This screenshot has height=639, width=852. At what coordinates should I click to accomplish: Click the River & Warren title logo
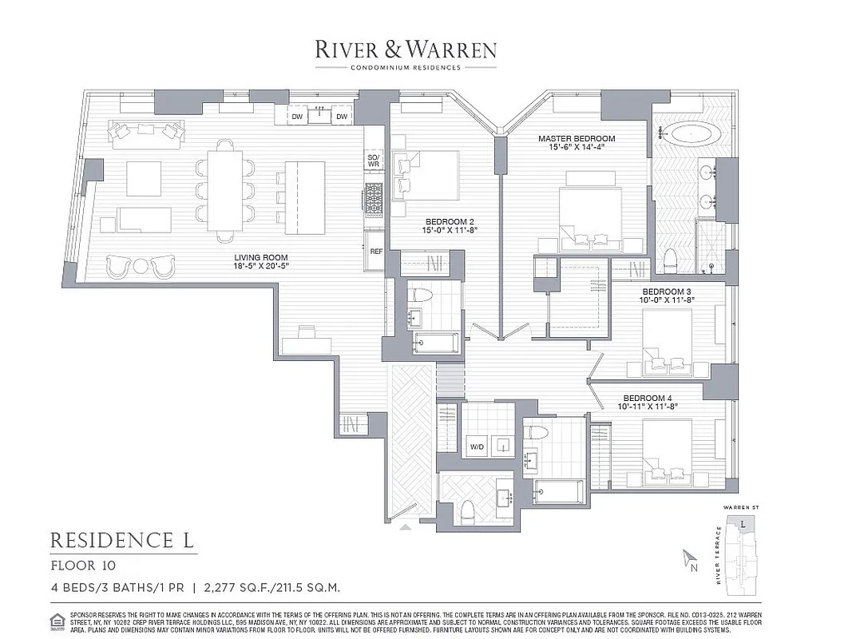click(x=405, y=50)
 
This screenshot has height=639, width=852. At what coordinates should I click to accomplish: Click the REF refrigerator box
click(x=375, y=251)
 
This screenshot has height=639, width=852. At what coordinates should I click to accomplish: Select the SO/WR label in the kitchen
click(x=373, y=162)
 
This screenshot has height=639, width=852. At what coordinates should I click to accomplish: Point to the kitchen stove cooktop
click(x=374, y=200)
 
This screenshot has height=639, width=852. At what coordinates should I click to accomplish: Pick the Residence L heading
click(x=122, y=541)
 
